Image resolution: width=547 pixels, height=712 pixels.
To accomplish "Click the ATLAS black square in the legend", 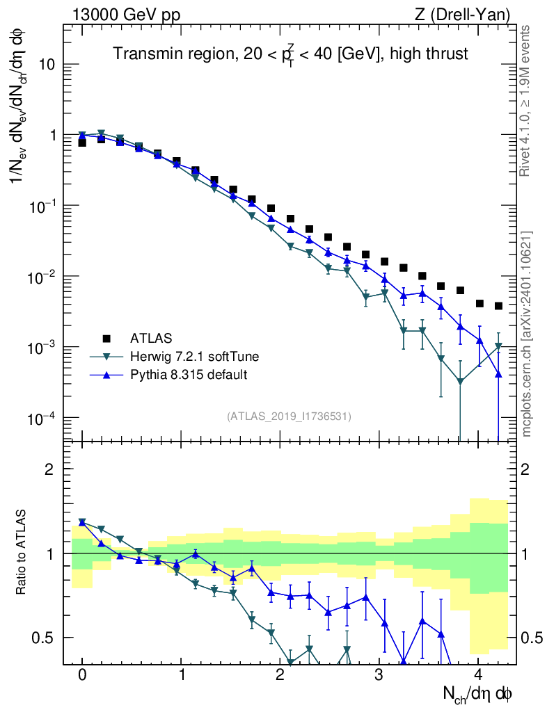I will [106, 339].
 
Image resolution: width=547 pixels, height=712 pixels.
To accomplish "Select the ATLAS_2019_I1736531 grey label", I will [289, 416].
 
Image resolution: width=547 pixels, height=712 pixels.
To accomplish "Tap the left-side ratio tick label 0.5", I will [44, 638].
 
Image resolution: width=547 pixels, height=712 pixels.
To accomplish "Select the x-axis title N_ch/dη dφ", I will [479, 693].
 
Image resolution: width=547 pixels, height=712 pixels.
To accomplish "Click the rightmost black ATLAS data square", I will [498, 306].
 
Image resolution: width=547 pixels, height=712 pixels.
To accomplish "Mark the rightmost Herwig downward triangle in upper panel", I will [498, 346].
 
